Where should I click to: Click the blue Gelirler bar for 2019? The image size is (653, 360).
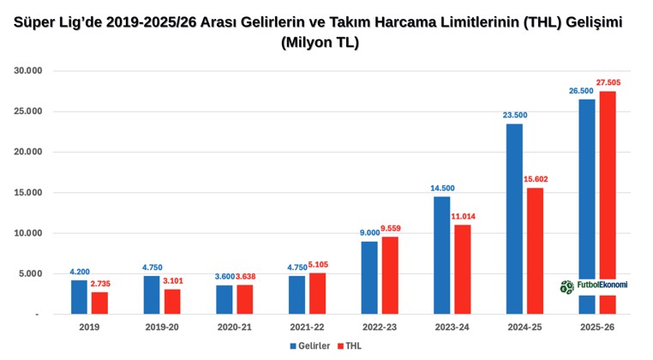click(79, 297)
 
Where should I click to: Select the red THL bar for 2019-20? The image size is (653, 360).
click(171, 302)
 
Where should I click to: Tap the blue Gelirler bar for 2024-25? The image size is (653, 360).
click(514, 219)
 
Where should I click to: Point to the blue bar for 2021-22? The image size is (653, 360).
click(297, 295)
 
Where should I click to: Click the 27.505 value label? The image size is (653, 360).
click(608, 83)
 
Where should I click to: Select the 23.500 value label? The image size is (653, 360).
click(514, 115)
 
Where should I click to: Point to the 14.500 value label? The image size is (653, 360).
click(442, 188)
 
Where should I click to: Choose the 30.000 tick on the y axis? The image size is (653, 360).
click(27, 71)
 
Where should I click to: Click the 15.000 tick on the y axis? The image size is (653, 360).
click(27, 193)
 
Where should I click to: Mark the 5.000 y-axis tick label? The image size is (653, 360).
click(30, 274)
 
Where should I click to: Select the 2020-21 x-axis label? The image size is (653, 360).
click(234, 327)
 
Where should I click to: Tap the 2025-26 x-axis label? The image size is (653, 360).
click(597, 327)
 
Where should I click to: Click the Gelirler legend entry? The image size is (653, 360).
click(305, 346)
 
